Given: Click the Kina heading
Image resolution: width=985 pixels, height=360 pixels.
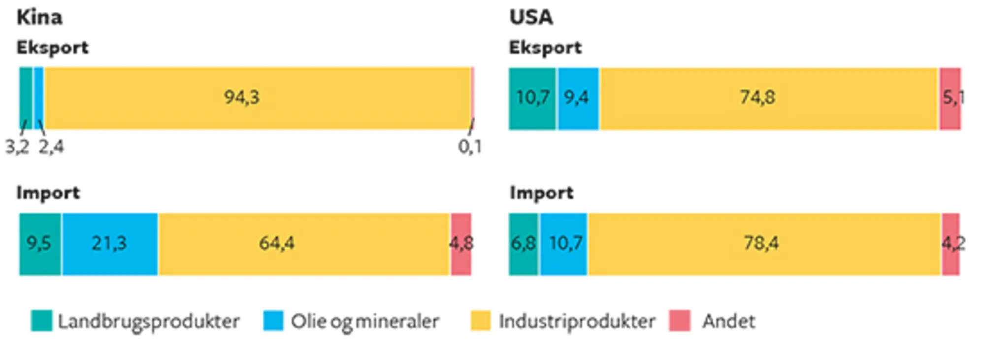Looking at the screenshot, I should point(39,18).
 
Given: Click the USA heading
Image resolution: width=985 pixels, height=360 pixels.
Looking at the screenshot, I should point(531,18).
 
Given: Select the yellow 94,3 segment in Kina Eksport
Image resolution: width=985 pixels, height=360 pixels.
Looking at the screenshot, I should point(256,98).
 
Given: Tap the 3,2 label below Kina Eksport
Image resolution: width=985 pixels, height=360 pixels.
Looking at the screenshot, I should point(17,147).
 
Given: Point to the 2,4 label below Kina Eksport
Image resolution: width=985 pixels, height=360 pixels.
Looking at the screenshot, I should point(51,147).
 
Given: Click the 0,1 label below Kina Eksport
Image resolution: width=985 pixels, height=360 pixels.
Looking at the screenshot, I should point(469,147).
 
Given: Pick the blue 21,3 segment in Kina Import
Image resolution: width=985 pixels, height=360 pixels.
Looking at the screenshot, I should point(110,244).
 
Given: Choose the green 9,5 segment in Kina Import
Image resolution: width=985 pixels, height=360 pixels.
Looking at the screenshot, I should point(40,244).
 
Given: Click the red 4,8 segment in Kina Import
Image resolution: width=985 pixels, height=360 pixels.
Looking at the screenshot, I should point(461,244).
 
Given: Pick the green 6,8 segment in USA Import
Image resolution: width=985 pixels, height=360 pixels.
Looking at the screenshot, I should point(523,244).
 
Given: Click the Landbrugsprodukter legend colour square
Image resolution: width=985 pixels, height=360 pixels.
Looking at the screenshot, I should point(41,321).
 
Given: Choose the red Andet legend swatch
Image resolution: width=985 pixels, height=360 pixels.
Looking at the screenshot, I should point(680,321).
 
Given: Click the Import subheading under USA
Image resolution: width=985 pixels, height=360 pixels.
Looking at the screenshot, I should point(541,193).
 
